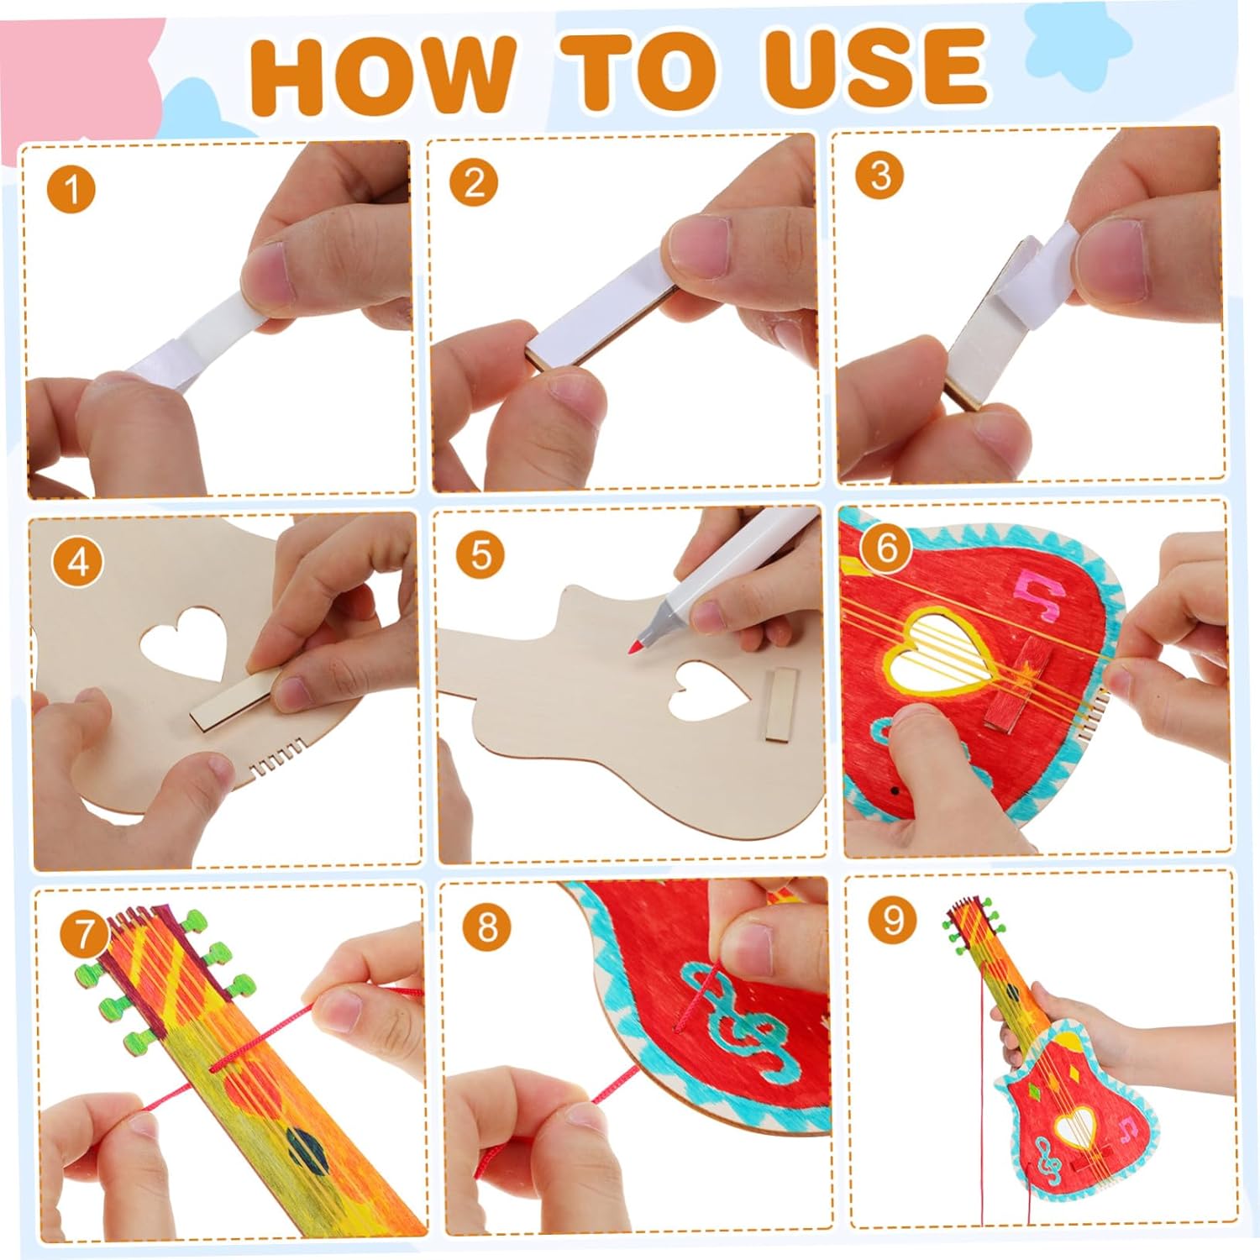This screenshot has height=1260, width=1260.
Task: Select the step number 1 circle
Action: click(x=72, y=190)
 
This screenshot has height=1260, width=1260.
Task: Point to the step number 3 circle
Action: click(x=879, y=176)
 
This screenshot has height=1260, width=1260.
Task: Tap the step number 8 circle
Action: click(x=487, y=928)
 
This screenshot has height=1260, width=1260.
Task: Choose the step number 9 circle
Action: click(x=892, y=921)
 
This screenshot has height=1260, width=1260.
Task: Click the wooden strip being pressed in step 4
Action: click(x=233, y=699)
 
